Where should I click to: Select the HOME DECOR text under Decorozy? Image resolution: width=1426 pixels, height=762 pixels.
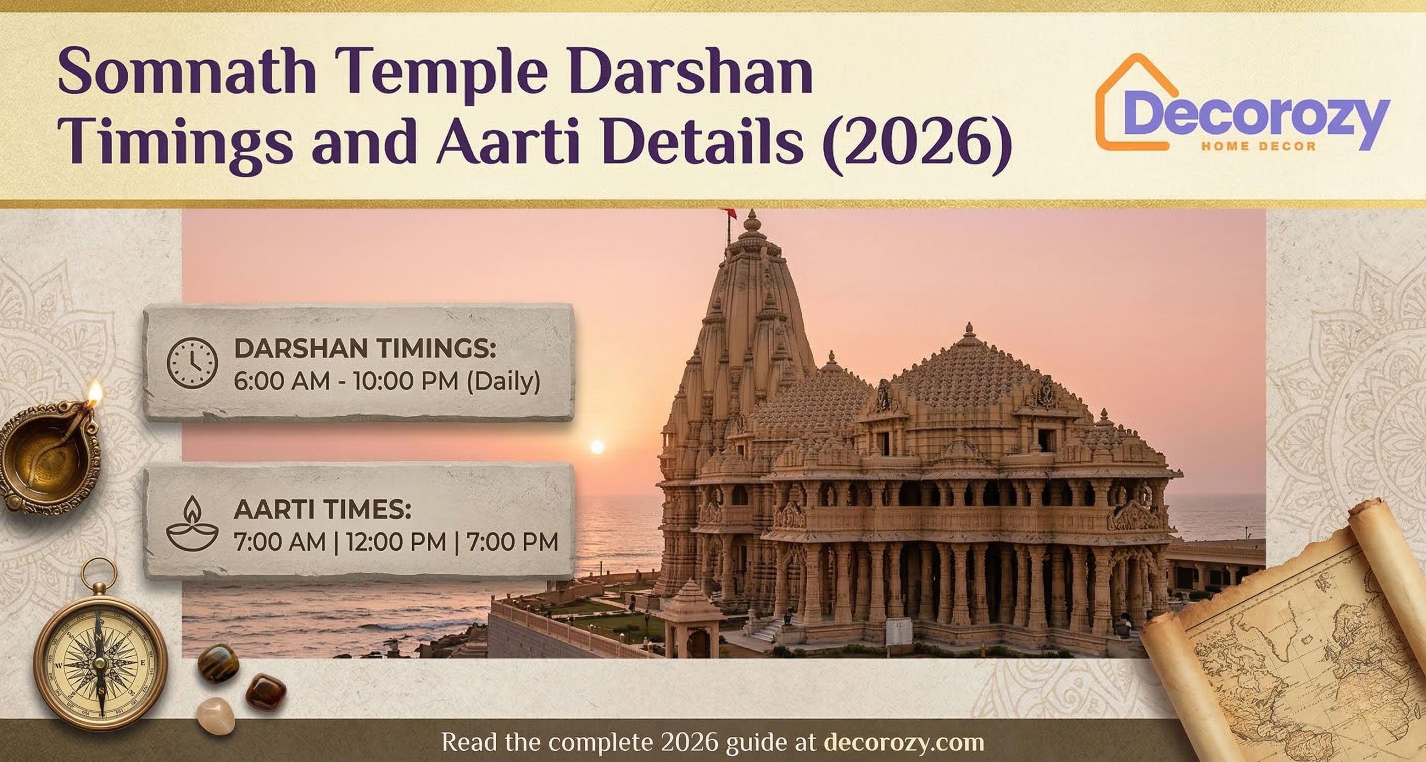tap(1258, 147)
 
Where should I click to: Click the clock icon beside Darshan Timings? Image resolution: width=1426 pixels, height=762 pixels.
tap(192, 362)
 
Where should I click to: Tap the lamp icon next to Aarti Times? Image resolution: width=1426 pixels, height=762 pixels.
tap(192, 523)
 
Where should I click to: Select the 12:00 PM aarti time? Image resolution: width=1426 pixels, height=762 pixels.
tap(396, 542)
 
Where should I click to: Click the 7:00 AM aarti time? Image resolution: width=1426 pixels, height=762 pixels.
tap(280, 542)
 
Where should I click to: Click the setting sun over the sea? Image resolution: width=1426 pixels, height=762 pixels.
tap(597, 446)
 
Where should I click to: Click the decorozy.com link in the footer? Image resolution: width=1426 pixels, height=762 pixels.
tap(903, 742)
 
